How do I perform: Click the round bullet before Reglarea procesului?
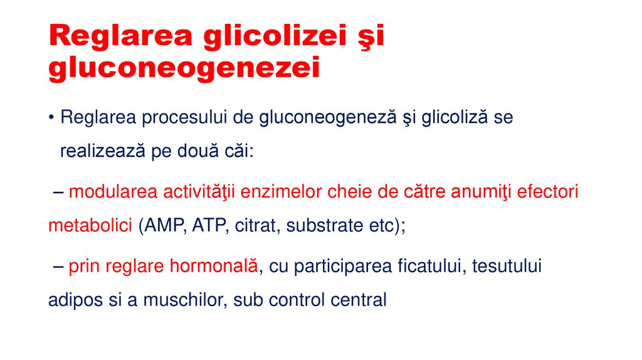(52, 118)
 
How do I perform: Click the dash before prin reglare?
(57, 266)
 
